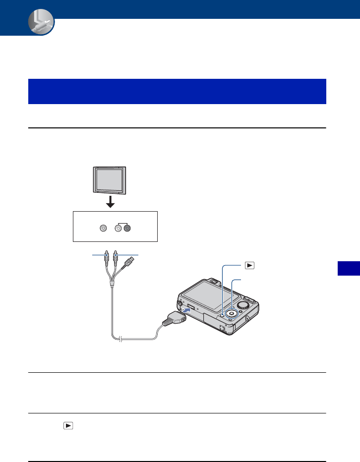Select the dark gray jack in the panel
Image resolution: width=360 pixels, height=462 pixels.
[127, 229]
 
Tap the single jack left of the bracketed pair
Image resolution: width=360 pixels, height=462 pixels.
[103, 229]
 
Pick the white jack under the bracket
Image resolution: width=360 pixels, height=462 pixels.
[118, 229]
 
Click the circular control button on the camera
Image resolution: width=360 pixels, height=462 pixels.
[231, 313]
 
